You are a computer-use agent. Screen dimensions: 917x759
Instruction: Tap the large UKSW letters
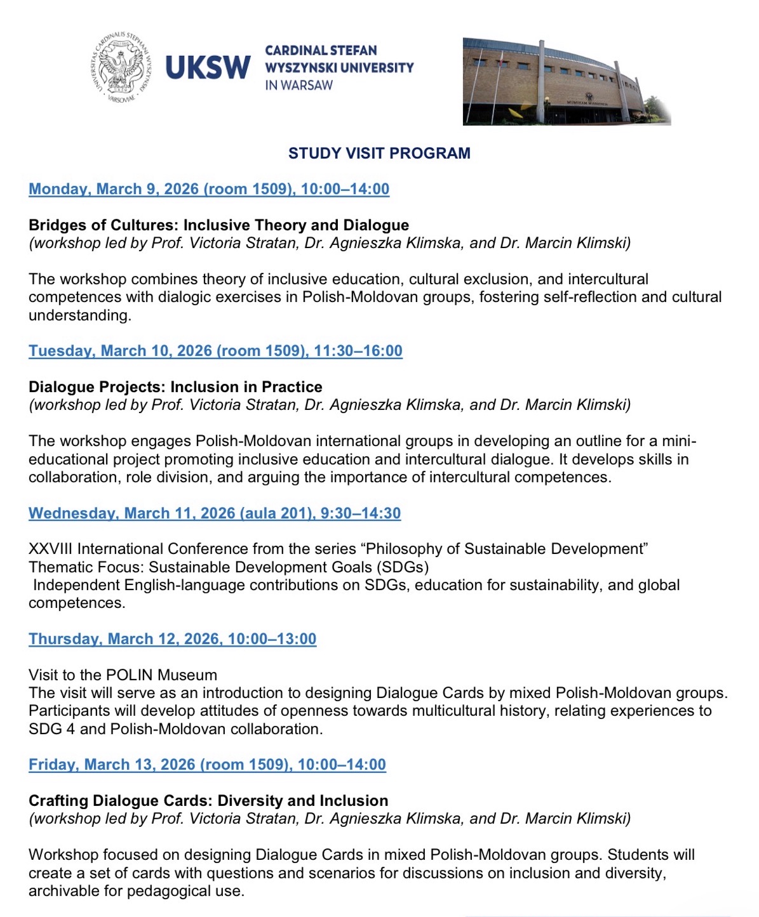pyautogui.click(x=208, y=67)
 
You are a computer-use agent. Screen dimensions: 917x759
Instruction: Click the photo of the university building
pyautogui.click(x=566, y=81)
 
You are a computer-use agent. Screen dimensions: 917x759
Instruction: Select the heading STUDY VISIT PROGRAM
pyautogui.click(x=379, y=153)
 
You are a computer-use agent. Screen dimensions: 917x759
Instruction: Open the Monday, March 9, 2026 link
pyautogui.click(x=209, y=189)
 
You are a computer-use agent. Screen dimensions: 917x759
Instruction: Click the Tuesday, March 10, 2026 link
pyautogui.click(x=215, y=351)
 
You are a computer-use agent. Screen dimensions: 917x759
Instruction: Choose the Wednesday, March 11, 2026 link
pyautogui.click(x=215, y=513)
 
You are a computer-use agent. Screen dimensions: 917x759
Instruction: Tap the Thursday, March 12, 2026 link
pyautogui.click(x=172, y=639)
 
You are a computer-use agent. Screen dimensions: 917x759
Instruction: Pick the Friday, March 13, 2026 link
pyautogui.click(x=207, y=765)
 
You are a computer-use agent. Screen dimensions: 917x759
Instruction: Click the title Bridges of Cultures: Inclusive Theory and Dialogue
pyautogui.click(x=218, y=225)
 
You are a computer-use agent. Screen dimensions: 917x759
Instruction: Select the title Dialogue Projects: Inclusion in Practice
pyautogui.click(x=175, y=387)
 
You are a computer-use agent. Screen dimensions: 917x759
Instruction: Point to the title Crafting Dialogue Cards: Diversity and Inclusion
pyautogui.click(x=208, y=801)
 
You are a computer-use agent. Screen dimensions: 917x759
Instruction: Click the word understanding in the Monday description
pyautogui.click(x=79, y=315)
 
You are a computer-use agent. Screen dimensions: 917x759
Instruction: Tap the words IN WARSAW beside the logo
pyautogui.click(x=299, y=85)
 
